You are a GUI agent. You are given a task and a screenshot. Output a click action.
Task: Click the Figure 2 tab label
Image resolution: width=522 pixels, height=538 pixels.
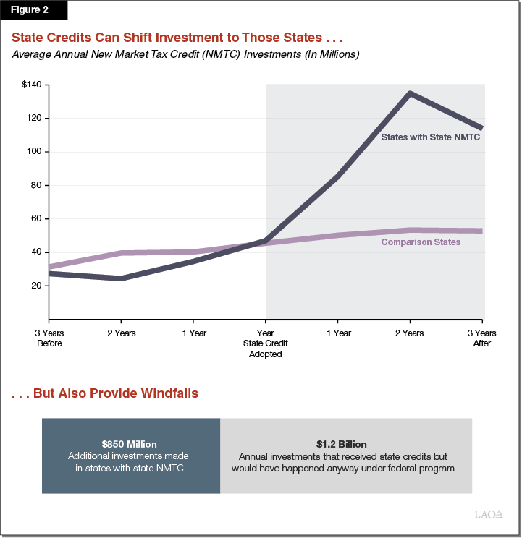(x=33, y=11)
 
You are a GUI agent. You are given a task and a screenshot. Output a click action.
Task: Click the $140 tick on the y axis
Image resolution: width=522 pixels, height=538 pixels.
(x=32, y=85)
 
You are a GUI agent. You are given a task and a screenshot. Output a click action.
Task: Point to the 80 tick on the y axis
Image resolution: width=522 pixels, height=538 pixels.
(x=35, y=185)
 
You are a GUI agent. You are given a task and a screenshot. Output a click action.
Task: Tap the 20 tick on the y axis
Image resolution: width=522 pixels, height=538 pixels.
(x=35, y=286)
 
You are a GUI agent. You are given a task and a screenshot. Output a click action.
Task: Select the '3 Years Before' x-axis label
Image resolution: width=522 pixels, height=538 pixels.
(x=49, y=338)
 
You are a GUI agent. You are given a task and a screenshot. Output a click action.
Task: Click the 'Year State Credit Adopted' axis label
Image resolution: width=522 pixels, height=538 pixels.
(x=266, y=343)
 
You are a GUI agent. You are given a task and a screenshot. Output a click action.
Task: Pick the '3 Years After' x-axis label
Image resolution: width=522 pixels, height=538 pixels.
(x=481, y=338)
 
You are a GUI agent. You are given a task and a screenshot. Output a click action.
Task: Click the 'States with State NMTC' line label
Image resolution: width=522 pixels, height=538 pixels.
(x=431, y=136)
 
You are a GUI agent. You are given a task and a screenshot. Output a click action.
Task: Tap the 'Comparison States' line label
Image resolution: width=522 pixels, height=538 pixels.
(x=421, y=242)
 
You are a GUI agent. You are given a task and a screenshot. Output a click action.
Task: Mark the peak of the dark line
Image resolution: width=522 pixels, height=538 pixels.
(x=410, y=93)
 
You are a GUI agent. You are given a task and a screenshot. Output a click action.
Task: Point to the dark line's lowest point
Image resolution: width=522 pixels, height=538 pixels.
(x=120, y=278)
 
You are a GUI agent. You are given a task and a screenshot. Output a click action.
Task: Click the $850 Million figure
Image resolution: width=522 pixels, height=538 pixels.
(x=130, y=444)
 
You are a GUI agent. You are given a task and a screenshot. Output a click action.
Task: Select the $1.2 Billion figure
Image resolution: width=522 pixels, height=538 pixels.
(x=342, y=444)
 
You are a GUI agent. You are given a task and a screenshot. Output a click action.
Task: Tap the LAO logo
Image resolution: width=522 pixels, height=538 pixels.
(x=489, y=515)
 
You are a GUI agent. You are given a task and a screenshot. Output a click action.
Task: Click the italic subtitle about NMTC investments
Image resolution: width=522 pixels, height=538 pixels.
(x=185, y=55)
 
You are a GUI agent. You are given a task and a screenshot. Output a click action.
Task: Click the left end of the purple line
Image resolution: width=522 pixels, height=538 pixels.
(x=49, y=268)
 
